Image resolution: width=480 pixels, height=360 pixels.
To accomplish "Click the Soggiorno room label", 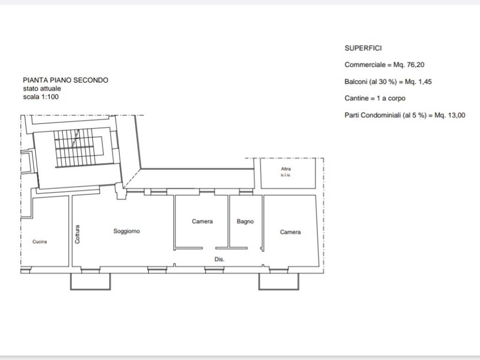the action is point(127,231).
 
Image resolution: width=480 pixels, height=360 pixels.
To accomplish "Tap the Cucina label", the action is point(40,242).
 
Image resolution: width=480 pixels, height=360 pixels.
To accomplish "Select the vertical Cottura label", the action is point(77,234).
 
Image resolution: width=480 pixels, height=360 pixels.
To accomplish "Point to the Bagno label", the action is point(245,221).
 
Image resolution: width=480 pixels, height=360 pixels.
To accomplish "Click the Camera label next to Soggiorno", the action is point(202,221).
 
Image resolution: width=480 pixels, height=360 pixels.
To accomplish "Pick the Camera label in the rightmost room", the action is point(290,232).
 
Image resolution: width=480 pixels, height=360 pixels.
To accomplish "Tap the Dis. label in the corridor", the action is point(219,259).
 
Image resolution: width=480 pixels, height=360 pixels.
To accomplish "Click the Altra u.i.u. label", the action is point(286,172).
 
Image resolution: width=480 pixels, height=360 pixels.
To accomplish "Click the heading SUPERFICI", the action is point(363,48).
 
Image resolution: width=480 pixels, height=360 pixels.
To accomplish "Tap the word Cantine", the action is point(357,98).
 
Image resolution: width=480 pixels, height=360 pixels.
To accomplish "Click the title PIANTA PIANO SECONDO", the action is point(66,80).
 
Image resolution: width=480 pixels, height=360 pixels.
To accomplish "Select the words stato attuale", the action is point(42,89).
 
